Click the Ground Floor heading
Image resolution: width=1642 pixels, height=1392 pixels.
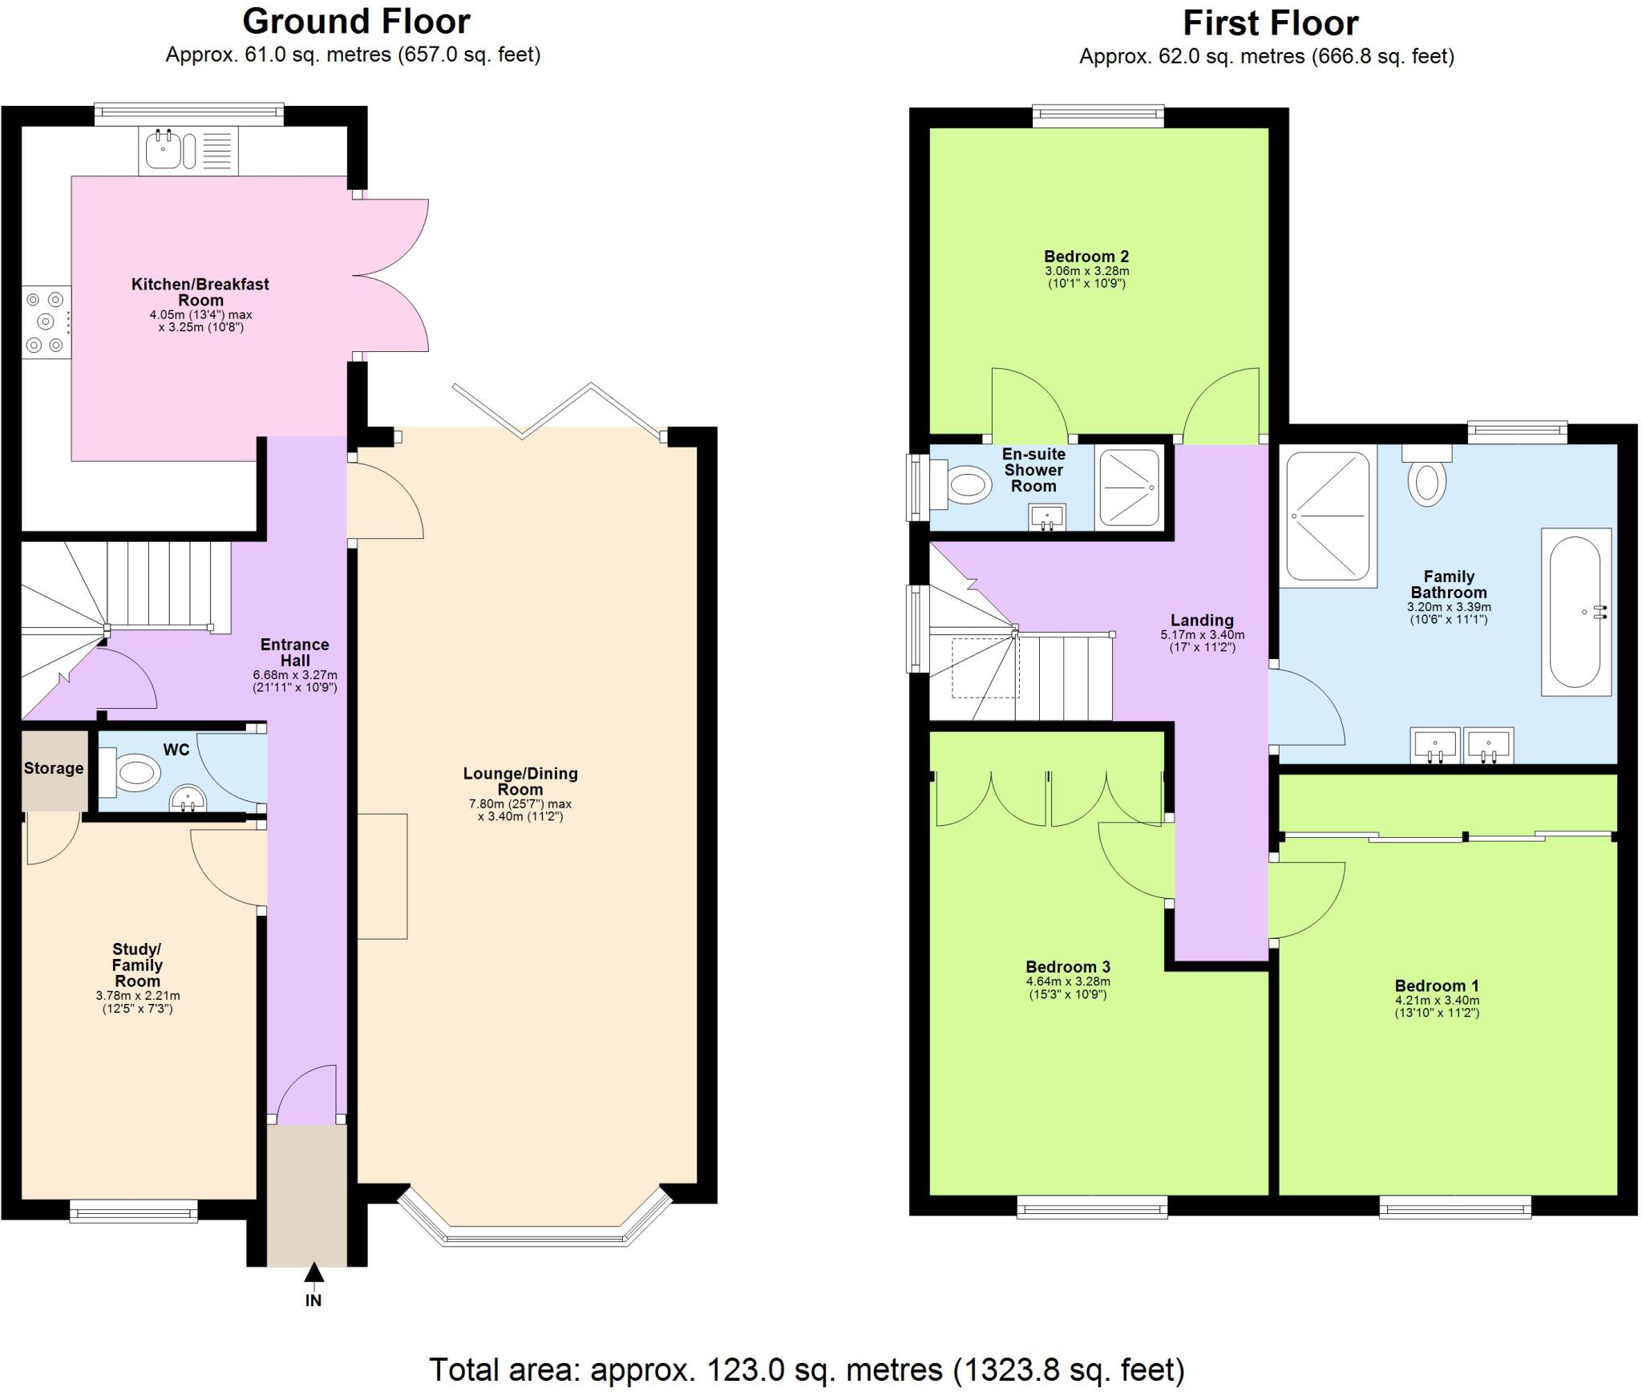pos(356,22)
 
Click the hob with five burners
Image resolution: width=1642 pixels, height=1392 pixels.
pos(46,322)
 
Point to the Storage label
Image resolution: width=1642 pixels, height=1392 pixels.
pos(54,768)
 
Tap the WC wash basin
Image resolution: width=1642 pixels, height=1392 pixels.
pos(189,799)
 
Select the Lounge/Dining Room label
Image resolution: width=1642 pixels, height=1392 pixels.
pos(520,781)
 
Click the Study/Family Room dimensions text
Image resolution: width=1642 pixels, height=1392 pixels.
pos(137,1002)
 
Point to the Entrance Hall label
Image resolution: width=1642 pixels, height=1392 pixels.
pos(294,652)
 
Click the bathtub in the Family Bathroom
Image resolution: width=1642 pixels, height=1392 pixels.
pos(1575,612)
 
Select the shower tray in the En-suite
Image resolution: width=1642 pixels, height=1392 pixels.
pos(1129,488)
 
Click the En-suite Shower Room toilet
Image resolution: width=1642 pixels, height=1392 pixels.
pos(962,484)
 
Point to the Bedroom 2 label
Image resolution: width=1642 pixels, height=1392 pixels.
pos(1086,257)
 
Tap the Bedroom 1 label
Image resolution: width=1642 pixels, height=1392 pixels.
pos(1437,986)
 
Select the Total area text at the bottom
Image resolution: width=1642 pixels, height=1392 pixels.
pos(807,1370)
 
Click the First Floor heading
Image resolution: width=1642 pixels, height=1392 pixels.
pos(1270,23)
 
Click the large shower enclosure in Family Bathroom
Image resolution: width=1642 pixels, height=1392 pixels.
pos(1328,516)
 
